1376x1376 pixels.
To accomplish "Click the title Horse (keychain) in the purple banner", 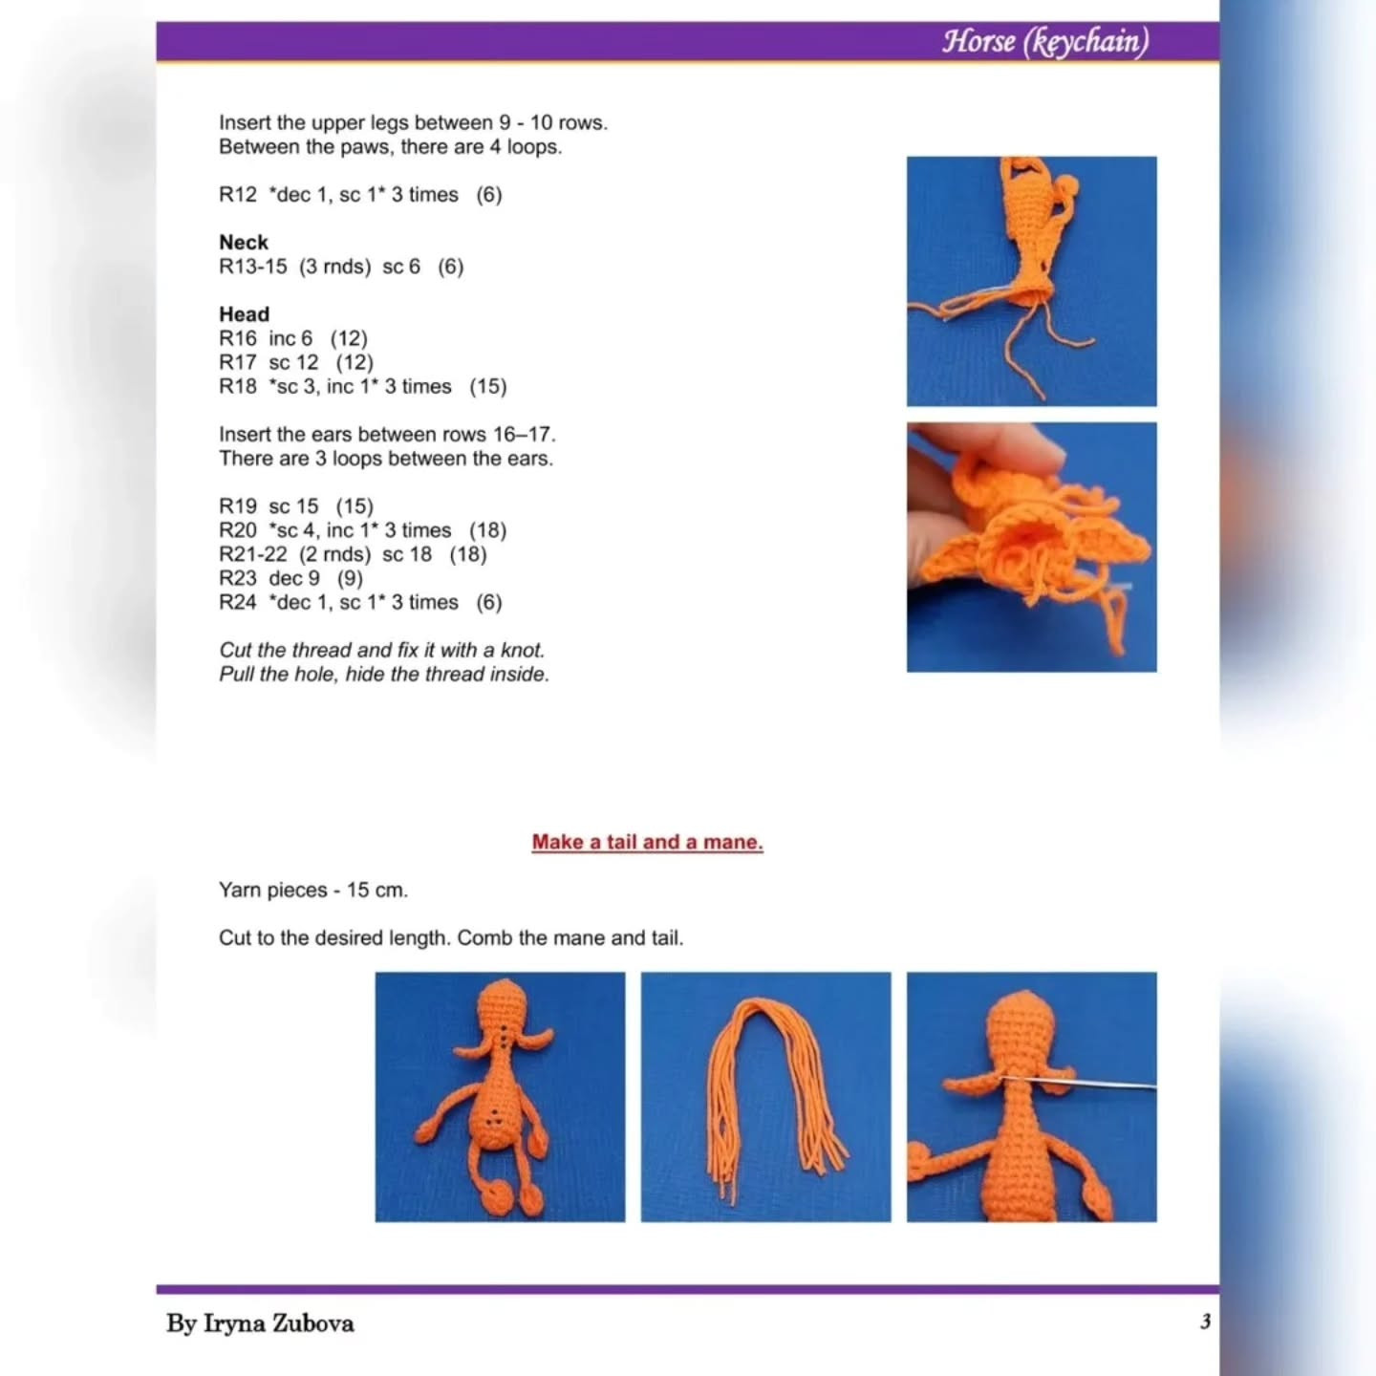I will [1044, 42].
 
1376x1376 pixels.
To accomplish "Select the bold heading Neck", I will [244, 243].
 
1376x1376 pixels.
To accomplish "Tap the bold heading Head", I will [244, 314].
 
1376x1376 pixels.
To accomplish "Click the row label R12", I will [237, 195].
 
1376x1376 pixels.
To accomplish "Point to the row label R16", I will [237, 338].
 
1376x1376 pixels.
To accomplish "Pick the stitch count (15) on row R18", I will [487, 387].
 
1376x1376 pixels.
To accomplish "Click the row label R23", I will [237, 578].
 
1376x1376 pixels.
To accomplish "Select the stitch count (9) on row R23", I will [350, 578].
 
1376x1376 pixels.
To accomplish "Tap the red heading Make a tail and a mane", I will [647, 842].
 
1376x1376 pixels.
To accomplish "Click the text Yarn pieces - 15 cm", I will [313, 890].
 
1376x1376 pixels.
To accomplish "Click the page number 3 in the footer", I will [1205, 1322].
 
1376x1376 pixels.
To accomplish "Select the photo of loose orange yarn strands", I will [765, 1096].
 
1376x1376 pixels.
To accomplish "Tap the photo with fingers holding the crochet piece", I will [1031, 547].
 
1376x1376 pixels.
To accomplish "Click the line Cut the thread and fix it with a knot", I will [381, 650].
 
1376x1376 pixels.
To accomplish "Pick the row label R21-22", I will [252, 554].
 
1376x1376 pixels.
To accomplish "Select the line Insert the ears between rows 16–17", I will [386, 435].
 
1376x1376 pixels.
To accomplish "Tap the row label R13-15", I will [252, 267].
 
